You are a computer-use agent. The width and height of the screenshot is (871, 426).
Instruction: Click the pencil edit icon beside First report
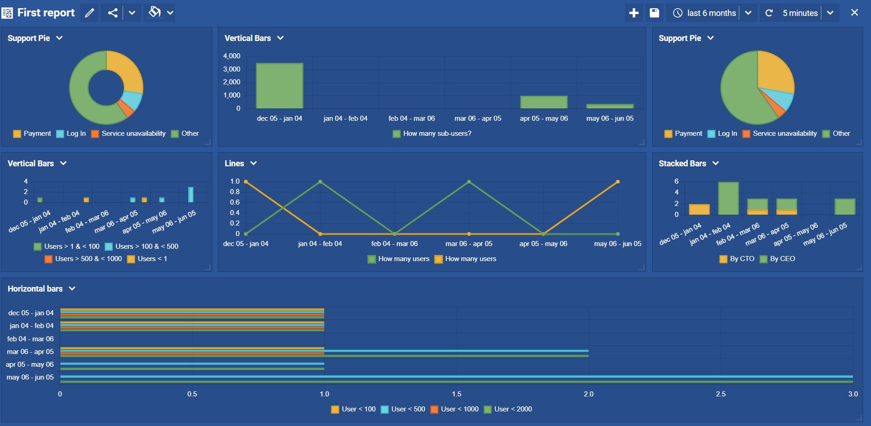[x=89, y=13]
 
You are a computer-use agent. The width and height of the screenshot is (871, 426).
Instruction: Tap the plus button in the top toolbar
[x=634, y=13]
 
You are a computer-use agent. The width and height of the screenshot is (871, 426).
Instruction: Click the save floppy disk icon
[x=654, y=13]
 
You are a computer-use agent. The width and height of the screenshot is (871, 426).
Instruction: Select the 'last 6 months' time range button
[x=705, y=13]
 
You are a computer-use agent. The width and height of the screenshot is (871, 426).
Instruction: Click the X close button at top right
[x=854, y=13]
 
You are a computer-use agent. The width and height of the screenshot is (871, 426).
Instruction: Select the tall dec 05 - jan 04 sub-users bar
[x=279, y=86]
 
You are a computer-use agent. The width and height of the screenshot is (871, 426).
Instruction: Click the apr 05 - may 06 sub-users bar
[x=544, y=102]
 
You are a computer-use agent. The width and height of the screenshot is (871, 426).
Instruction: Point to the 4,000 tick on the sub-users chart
[x=232, y=56]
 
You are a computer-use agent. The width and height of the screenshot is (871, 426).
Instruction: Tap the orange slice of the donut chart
[x=126, y=108]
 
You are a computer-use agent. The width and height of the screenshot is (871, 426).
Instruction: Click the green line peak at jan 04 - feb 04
[x=320, y=182]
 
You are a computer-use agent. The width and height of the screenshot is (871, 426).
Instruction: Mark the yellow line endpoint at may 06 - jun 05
[x=618, y=182]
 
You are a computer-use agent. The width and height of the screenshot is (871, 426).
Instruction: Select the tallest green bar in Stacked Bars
[x=728, y=198]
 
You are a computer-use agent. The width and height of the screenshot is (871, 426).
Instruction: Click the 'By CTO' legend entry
[x=737, y=259]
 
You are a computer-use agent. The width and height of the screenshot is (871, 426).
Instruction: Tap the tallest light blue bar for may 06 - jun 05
[x=191, y=195]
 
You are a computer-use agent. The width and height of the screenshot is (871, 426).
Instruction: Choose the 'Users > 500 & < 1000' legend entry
[x=83, y=259]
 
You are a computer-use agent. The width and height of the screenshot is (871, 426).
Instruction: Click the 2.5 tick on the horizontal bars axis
[x=721, y=394]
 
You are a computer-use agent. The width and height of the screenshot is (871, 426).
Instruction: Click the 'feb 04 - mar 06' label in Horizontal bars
[x=31, y=339]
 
